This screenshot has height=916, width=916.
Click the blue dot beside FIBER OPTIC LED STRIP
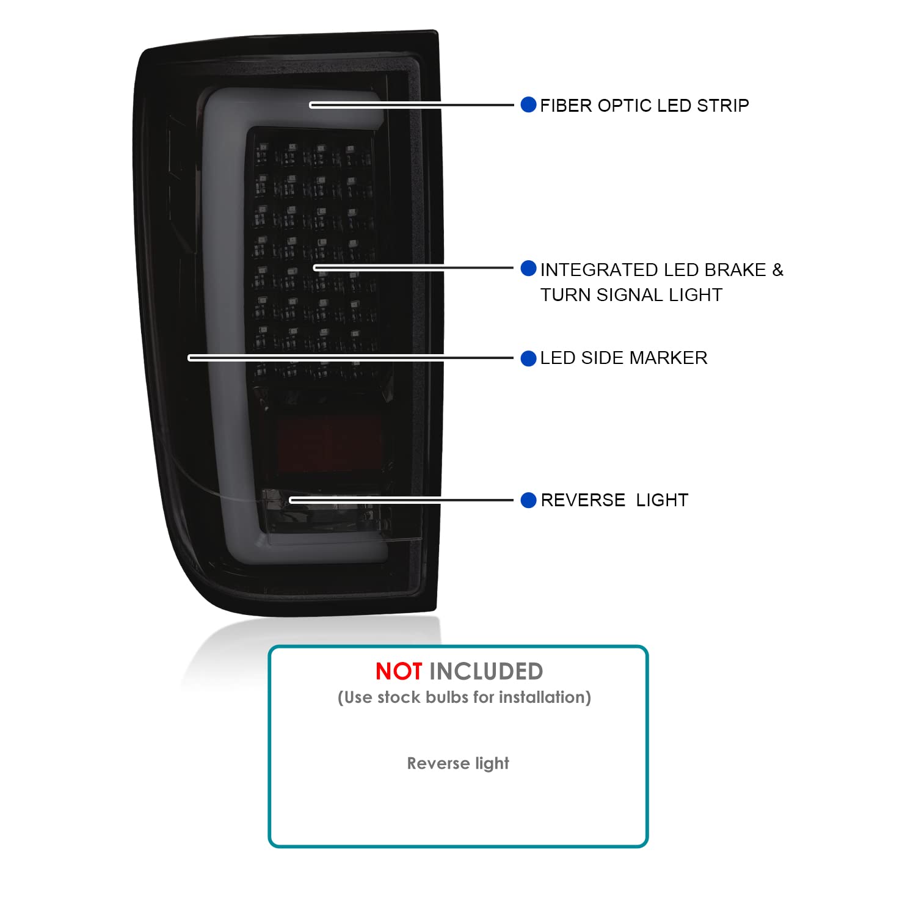(x=528, y=104)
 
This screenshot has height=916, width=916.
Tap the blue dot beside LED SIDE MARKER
(x=528, y=358)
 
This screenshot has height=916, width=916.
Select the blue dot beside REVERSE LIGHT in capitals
(x=528, y=500)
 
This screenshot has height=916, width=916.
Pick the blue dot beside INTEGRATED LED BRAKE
(x=528, y=268)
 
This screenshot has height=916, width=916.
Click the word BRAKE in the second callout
(x=735, y=270)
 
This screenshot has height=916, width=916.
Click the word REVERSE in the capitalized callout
(x=583, y=500)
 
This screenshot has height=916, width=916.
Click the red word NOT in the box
(x=399, y=672)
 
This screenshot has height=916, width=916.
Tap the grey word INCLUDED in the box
(x=486, y=672)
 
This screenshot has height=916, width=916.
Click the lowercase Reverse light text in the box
(x=458, y=763)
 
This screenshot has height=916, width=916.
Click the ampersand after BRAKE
(x=777, y=270)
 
